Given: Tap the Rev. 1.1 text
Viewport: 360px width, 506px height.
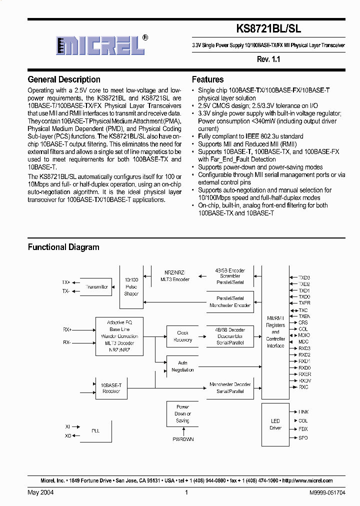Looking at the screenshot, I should click(268, 59).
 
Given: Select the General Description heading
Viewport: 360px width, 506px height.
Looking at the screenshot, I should click(64, 79).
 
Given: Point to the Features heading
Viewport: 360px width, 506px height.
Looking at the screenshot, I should click(207, 79).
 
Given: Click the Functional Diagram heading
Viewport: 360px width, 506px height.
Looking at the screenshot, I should click(63, 247).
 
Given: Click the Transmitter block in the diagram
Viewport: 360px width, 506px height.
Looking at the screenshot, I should click(96, 287).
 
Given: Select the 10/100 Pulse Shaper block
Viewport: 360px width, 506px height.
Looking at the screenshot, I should click(131, 287).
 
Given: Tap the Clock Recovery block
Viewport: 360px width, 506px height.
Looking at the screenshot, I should click(182, 336).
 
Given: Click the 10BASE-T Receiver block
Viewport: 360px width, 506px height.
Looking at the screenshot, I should click(111, 388).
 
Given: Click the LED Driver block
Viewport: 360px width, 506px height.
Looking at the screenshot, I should click(275, 424).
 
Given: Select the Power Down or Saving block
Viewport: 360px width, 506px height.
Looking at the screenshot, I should click(182, 413).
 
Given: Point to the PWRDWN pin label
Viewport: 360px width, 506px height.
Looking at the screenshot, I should click(183, 439).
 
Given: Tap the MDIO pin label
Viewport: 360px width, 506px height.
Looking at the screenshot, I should click(304, 335).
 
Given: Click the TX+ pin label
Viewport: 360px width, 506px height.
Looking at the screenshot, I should click(66, 282).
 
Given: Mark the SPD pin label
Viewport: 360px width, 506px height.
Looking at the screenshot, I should click(303, 438).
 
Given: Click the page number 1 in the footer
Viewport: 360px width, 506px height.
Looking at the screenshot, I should click(186, 492).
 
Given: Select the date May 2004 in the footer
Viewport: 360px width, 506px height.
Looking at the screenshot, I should click(41, 492).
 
